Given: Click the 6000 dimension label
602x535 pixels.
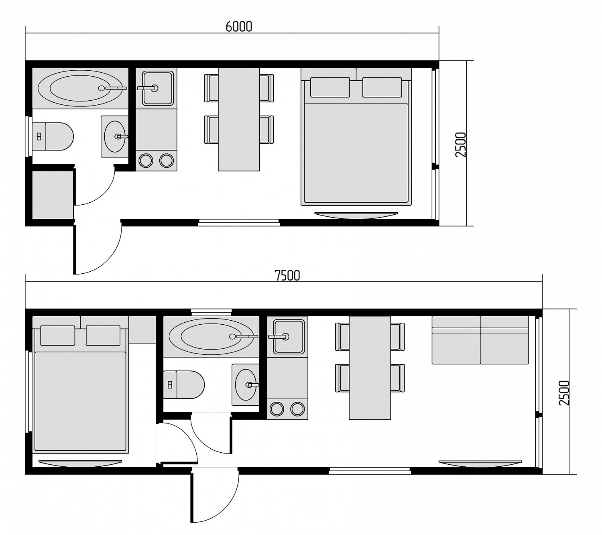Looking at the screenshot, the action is (239, 27).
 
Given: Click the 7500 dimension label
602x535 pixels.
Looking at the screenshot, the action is (287, 275).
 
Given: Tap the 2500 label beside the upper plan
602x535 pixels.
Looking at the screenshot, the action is (460, 145).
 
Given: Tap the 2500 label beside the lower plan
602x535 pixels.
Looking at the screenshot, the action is (564, 393).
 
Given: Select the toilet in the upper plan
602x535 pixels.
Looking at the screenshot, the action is (53, 136).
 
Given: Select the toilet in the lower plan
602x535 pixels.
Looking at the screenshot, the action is (184, 384).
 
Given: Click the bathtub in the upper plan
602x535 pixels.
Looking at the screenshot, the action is (80, 88).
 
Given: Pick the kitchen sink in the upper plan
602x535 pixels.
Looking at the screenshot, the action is (157, 88).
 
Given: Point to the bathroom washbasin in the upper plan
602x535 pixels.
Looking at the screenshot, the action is (115, 136).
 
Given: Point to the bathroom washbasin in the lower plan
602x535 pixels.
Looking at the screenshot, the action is (246, 384).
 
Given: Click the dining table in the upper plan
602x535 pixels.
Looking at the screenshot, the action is (239, 119).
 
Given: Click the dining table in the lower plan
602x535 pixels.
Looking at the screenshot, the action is (370, 368).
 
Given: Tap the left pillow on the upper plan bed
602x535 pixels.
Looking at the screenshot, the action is (330, 87).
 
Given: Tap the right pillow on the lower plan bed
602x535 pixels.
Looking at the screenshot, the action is (103, 336).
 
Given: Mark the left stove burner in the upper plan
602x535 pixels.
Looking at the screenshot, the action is (146, 161).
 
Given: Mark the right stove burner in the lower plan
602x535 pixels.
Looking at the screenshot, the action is (297, 409).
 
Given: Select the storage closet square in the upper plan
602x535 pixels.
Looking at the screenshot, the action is (53, 195).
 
